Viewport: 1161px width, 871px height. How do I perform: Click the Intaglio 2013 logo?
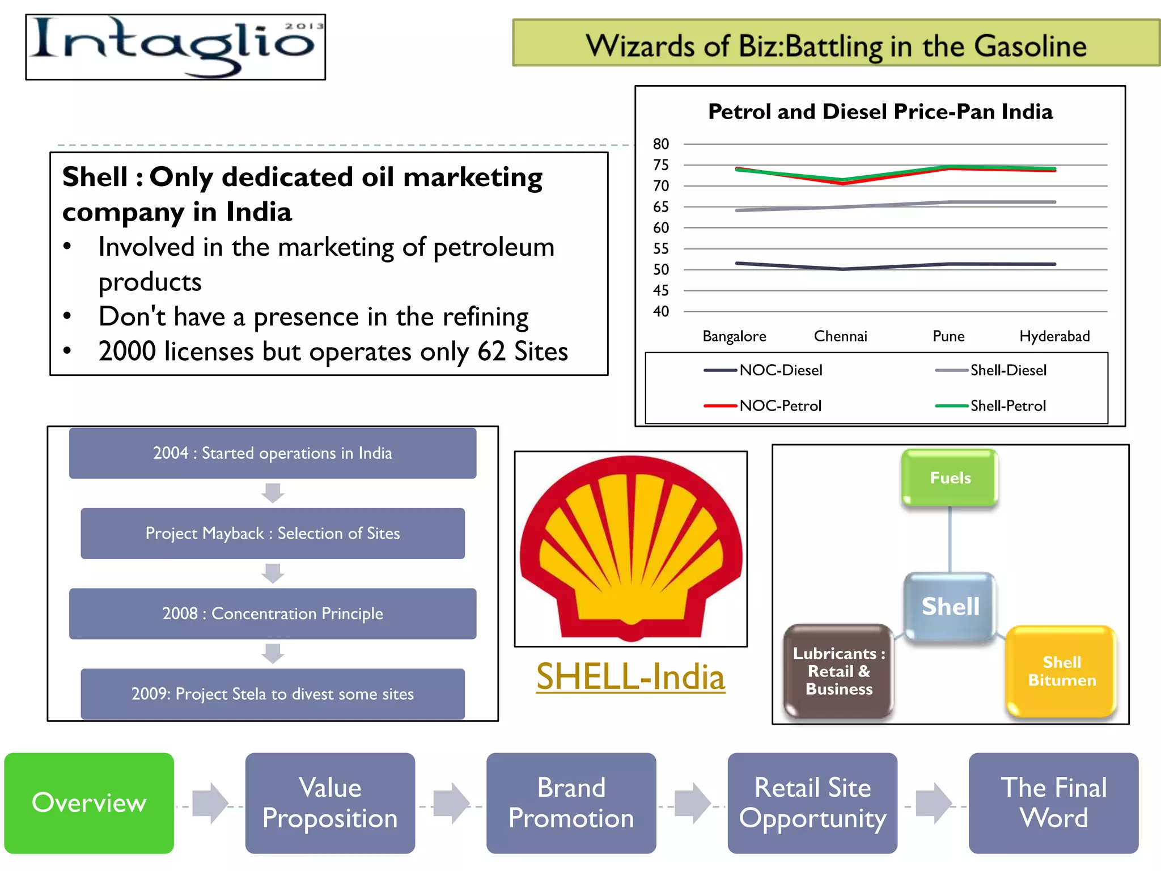(x=175, y=47)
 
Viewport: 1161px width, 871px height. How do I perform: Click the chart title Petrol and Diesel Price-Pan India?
(x=880, y=112)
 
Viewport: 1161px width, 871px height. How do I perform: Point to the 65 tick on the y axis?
(x=660, y=207)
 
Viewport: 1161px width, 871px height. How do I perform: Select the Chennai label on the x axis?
(x=840, y=336)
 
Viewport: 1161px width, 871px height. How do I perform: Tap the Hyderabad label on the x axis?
(x=1054, y=336)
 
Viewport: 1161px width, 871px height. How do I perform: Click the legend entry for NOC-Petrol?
(x=779, y=406)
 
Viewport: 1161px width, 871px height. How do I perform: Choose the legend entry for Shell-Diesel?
(x=1008, y=370)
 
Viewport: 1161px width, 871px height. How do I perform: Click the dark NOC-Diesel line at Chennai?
(x=842, y=269)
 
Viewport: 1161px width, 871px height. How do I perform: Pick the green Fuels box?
(x=950, y=477)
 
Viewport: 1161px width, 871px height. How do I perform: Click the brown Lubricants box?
(x=838, y=671)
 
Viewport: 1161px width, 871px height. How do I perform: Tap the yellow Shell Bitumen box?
(x=1061, y=671)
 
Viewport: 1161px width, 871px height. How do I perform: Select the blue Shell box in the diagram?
(x=950, y=606)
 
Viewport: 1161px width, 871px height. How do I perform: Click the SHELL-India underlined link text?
(x=630, y=677)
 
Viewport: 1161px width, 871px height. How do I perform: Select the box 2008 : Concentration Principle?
(x=273, y=614)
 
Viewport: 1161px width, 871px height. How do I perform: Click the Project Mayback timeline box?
(x=273, y=533)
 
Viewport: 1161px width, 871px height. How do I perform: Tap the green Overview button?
(x=89, y=803)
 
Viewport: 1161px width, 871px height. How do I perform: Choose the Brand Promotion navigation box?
(x=571, y=803)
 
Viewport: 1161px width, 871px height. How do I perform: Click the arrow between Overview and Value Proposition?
(x=210, y=803)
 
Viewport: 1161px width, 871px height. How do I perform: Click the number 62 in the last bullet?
(x=491, y=352)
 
